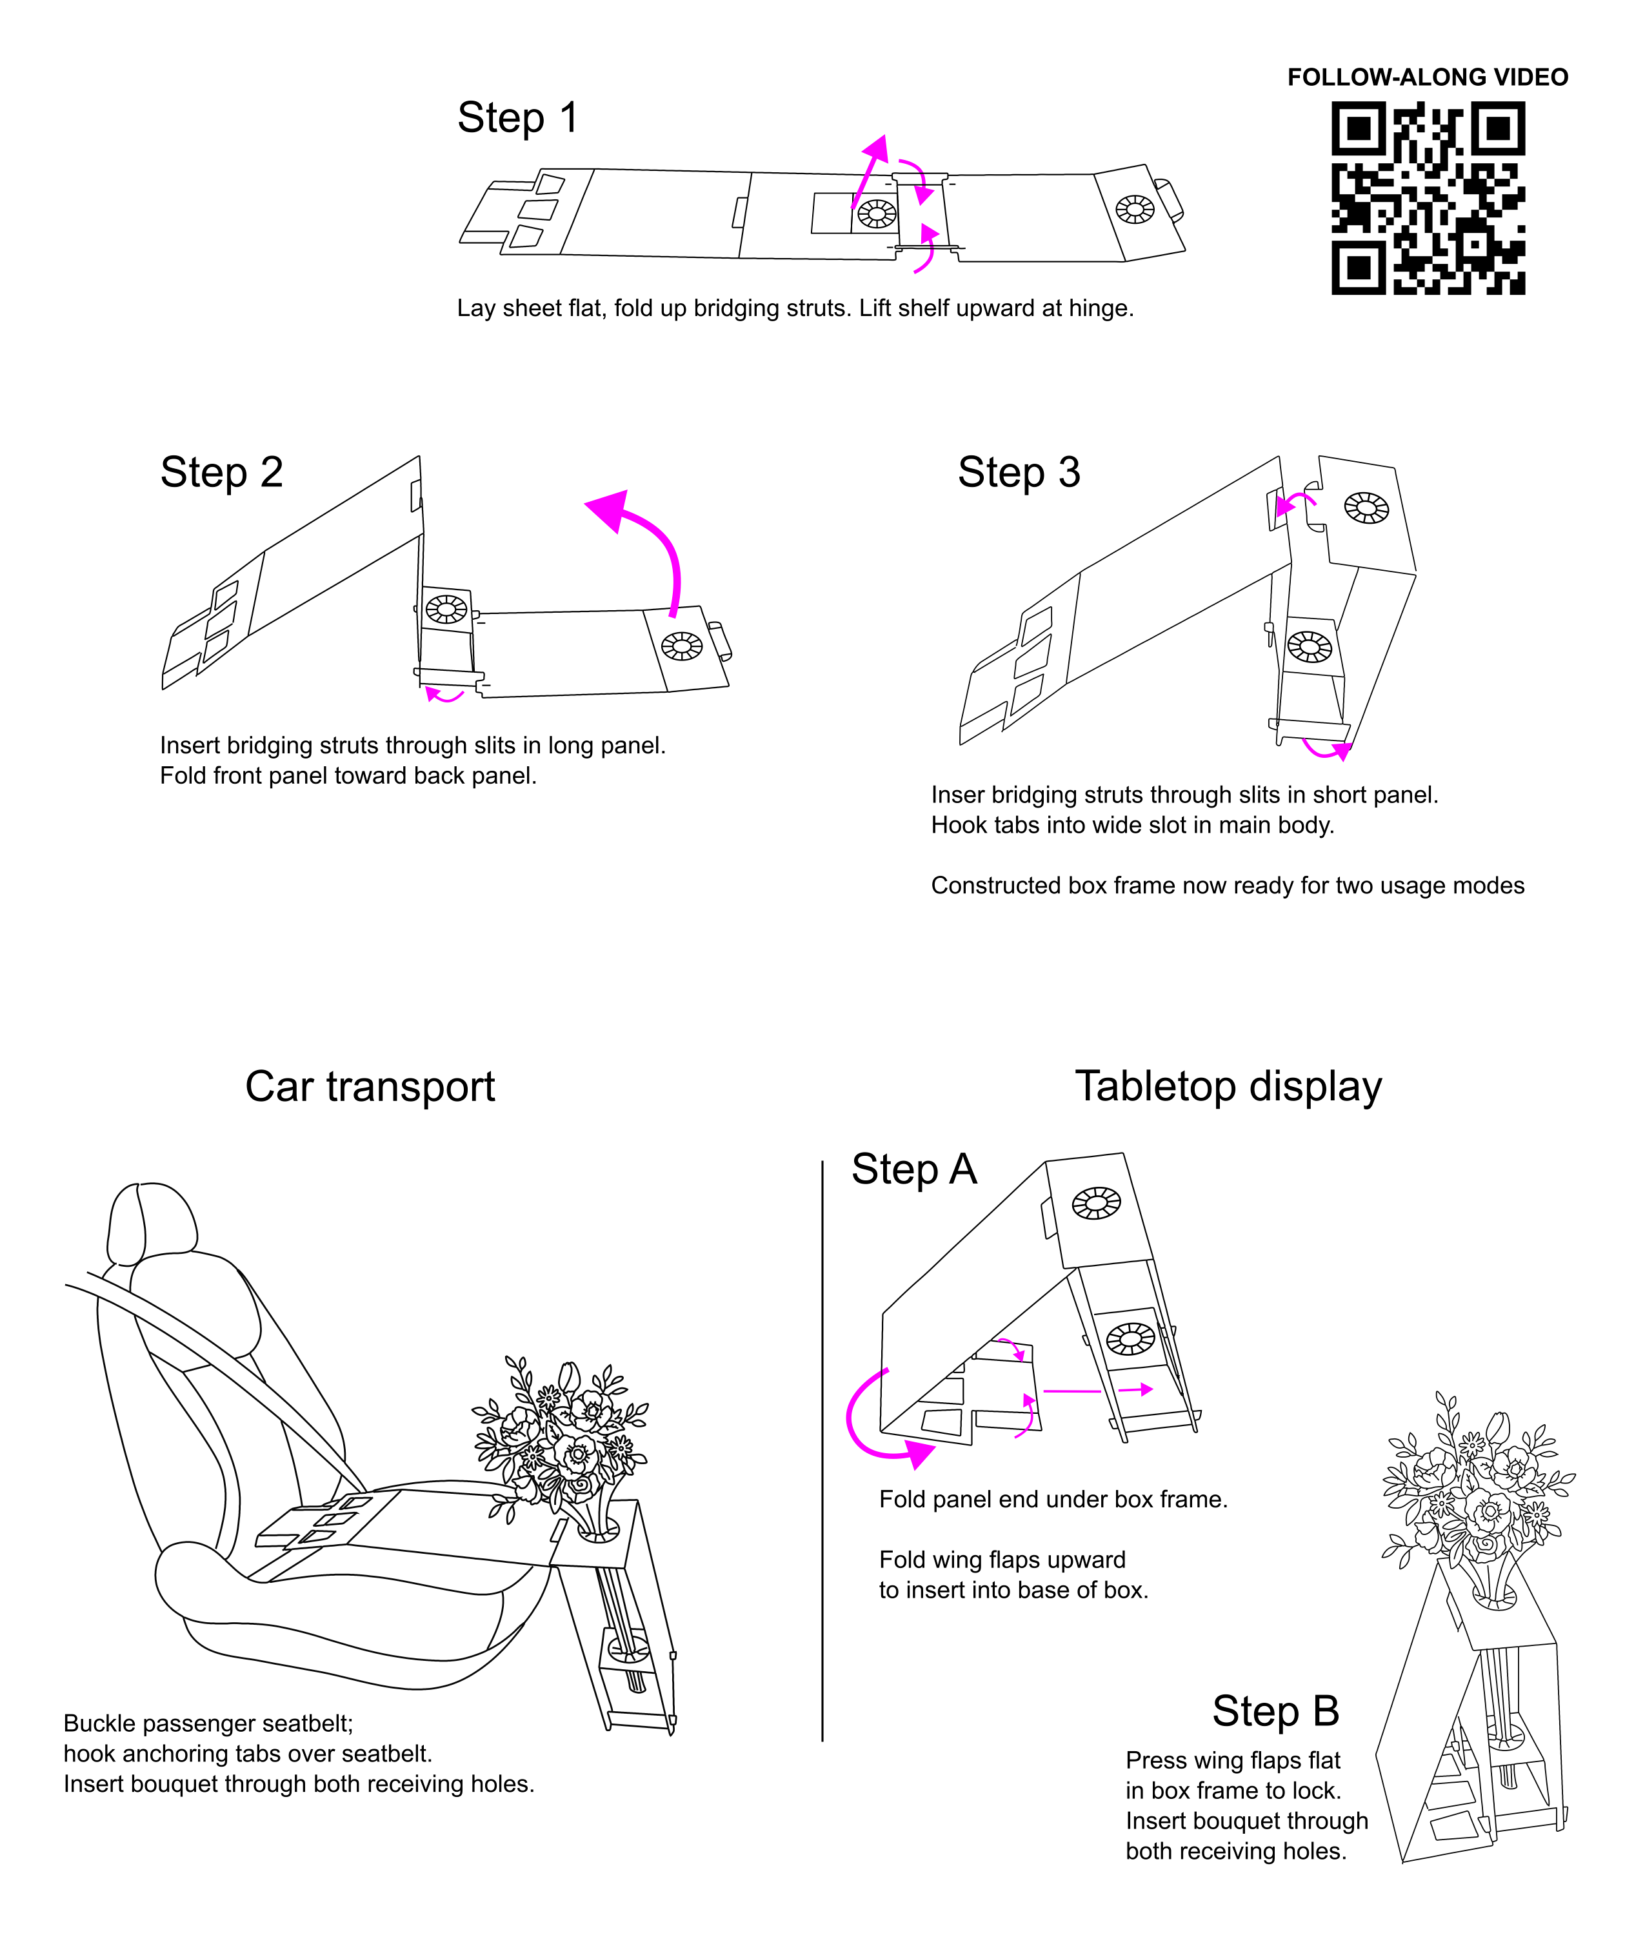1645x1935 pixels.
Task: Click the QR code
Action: (x=1428, y=199)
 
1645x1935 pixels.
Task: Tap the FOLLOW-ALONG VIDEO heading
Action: (x=1428, y=77)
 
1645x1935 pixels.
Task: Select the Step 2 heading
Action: (x=221, y=473)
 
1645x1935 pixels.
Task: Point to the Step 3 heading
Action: (x=1019, y=473)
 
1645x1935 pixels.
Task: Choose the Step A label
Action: (x=914, y=1169)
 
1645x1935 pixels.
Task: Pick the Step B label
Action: (x=1276, y=1711)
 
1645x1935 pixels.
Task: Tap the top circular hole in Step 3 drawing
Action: (x=1366, y=508)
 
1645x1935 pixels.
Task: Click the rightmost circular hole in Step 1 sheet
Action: (x=1135, y=209)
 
